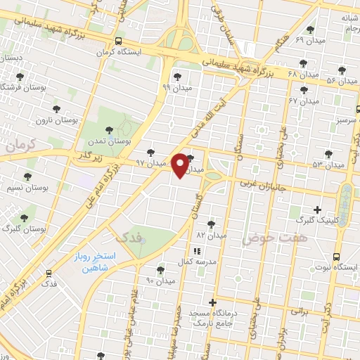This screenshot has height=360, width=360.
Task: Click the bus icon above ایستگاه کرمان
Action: coord(118,41)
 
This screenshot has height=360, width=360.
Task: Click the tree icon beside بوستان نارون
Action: coord(57,109)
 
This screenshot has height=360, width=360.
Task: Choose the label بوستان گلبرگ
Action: coord(24,229)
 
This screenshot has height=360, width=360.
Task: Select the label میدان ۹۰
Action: coord(160,281)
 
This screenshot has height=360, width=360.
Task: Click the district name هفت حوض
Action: coord(266,239)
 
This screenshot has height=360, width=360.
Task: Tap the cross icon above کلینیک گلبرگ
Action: coord(317,209)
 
